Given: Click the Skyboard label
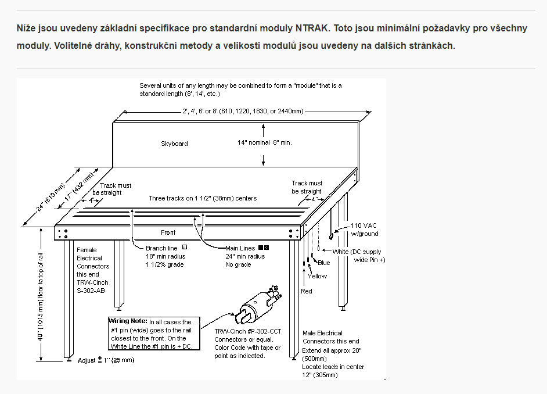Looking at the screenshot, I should (x=174, y=144).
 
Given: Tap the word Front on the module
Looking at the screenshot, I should (x=168, y=232).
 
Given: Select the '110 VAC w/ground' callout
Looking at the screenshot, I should (x=365, y=230).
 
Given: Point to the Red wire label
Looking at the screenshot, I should (x=306, y=291).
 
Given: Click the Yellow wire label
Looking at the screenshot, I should (x=317, y=276).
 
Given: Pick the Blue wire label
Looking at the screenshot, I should (x=323, y=263).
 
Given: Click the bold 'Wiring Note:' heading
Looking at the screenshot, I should (x=128, y=321).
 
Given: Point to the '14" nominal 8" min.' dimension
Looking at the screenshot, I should (x=265, y=142).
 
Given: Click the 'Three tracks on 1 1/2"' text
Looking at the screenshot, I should (x=203, y=198).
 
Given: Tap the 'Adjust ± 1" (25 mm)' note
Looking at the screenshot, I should (x=106, y=360).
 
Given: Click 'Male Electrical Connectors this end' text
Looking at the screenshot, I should (x=330, y=337).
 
